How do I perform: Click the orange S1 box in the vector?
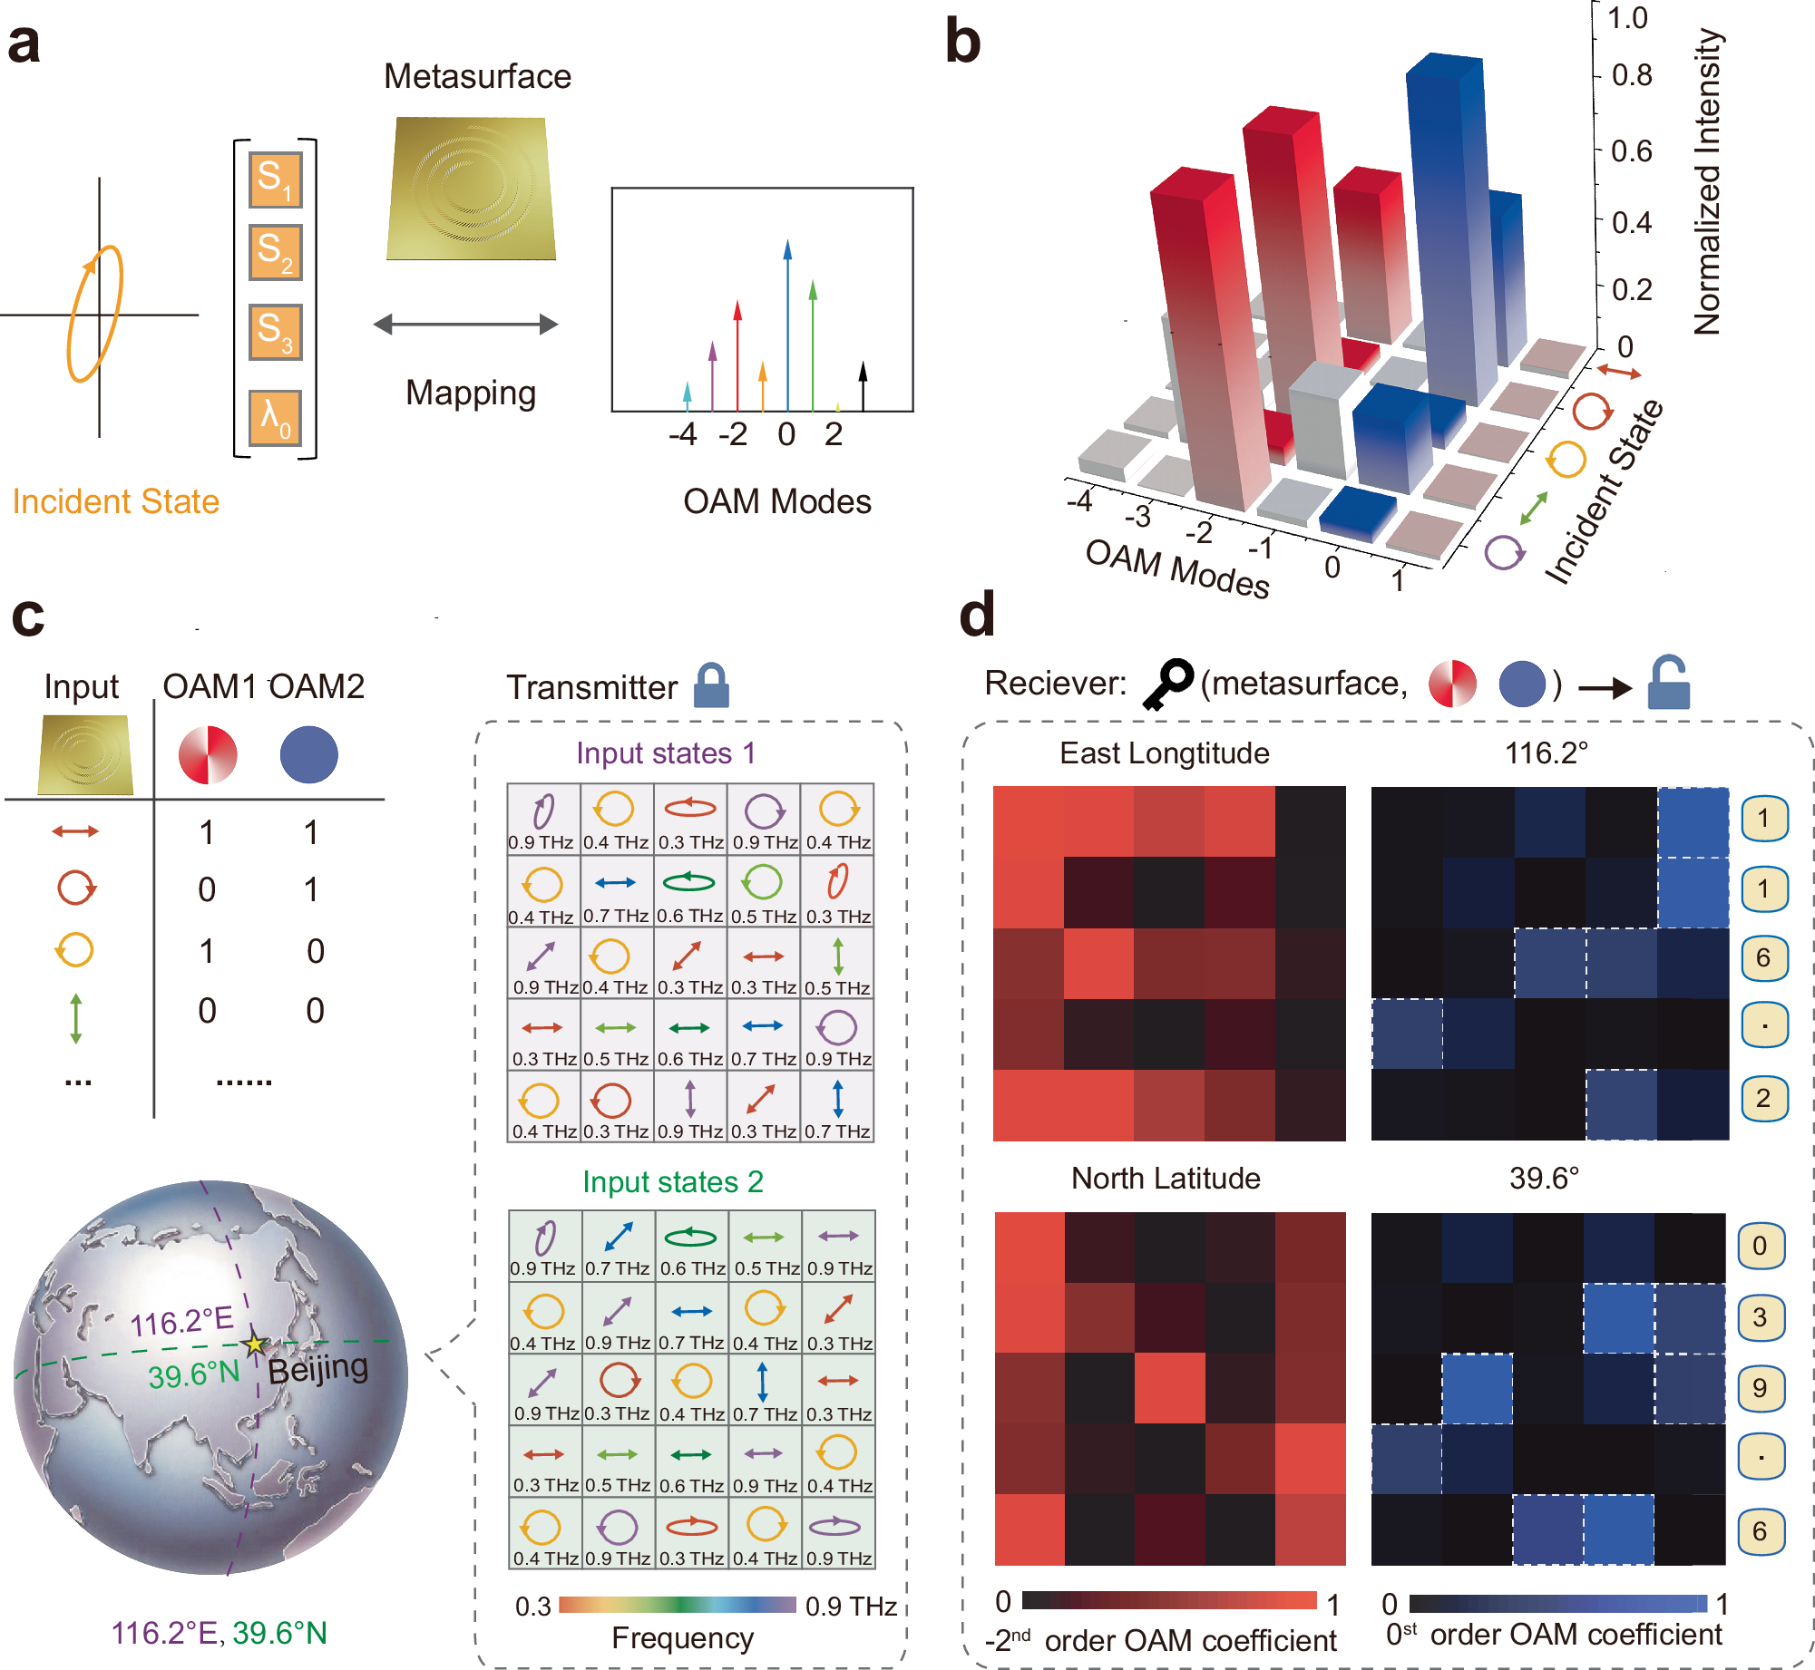[275, 180]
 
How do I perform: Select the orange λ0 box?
[275, 418]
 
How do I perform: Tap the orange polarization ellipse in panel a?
[94, 313]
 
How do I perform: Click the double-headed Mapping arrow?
[465, 325]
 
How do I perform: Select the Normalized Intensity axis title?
[1707, 181]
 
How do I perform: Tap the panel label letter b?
[962, 42]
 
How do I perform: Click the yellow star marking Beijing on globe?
[255, 1344]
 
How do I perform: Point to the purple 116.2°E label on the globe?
[181, 1322]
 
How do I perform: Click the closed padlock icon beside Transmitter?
[711, 685]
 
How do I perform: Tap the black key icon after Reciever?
[1166, 684]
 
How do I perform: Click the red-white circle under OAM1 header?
[208, 754]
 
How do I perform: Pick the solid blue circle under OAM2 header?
[308, 754]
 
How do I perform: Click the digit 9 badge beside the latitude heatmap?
[1760, 1388]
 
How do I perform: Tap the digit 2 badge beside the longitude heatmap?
[1763, 1098]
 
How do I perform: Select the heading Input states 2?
[672, 1181]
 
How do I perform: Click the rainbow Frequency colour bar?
[678, 1605]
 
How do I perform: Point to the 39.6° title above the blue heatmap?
[1544, 1178]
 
